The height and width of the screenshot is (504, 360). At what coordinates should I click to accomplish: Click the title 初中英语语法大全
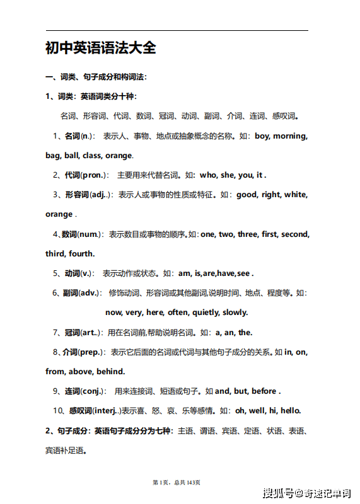pyautogui.click(x=100, y=48)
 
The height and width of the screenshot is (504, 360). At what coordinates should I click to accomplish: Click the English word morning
pyautogui.click(x=288, y=136)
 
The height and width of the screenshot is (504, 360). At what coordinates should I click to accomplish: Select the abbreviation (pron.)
pyautogui.click(x=95, y=175)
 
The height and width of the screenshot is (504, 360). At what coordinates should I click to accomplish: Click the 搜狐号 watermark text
pyautogui.click(x=277, y=493)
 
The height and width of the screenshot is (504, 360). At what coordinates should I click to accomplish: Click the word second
pyautogui.click(x=295, y=234)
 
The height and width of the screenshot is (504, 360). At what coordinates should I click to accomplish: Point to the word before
pyautogui.click(x=264, y=391)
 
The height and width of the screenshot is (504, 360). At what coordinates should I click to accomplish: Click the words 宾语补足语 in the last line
pyautogui.click(x=65, y=450)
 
